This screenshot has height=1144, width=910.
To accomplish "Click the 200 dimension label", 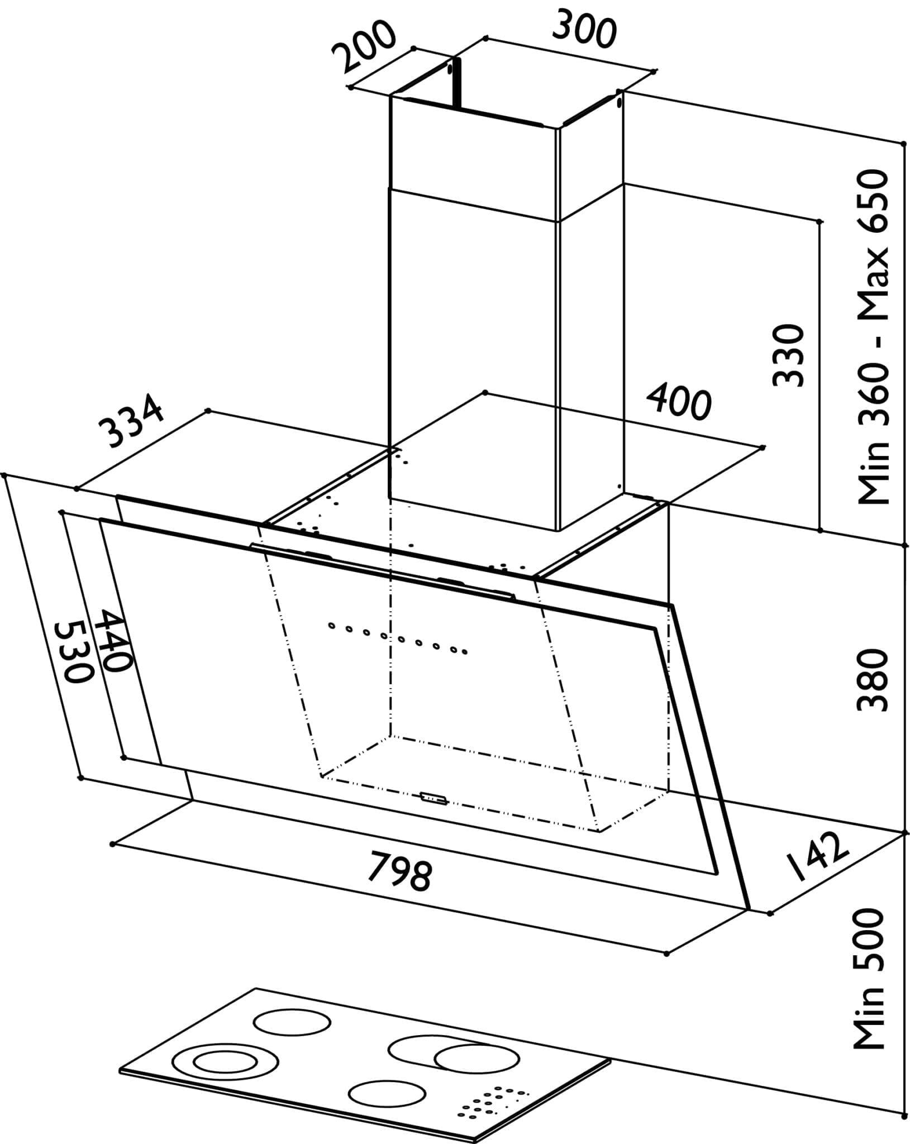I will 364,47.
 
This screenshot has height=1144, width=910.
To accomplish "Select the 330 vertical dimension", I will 788,354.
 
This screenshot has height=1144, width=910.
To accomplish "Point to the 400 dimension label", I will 679,401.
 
